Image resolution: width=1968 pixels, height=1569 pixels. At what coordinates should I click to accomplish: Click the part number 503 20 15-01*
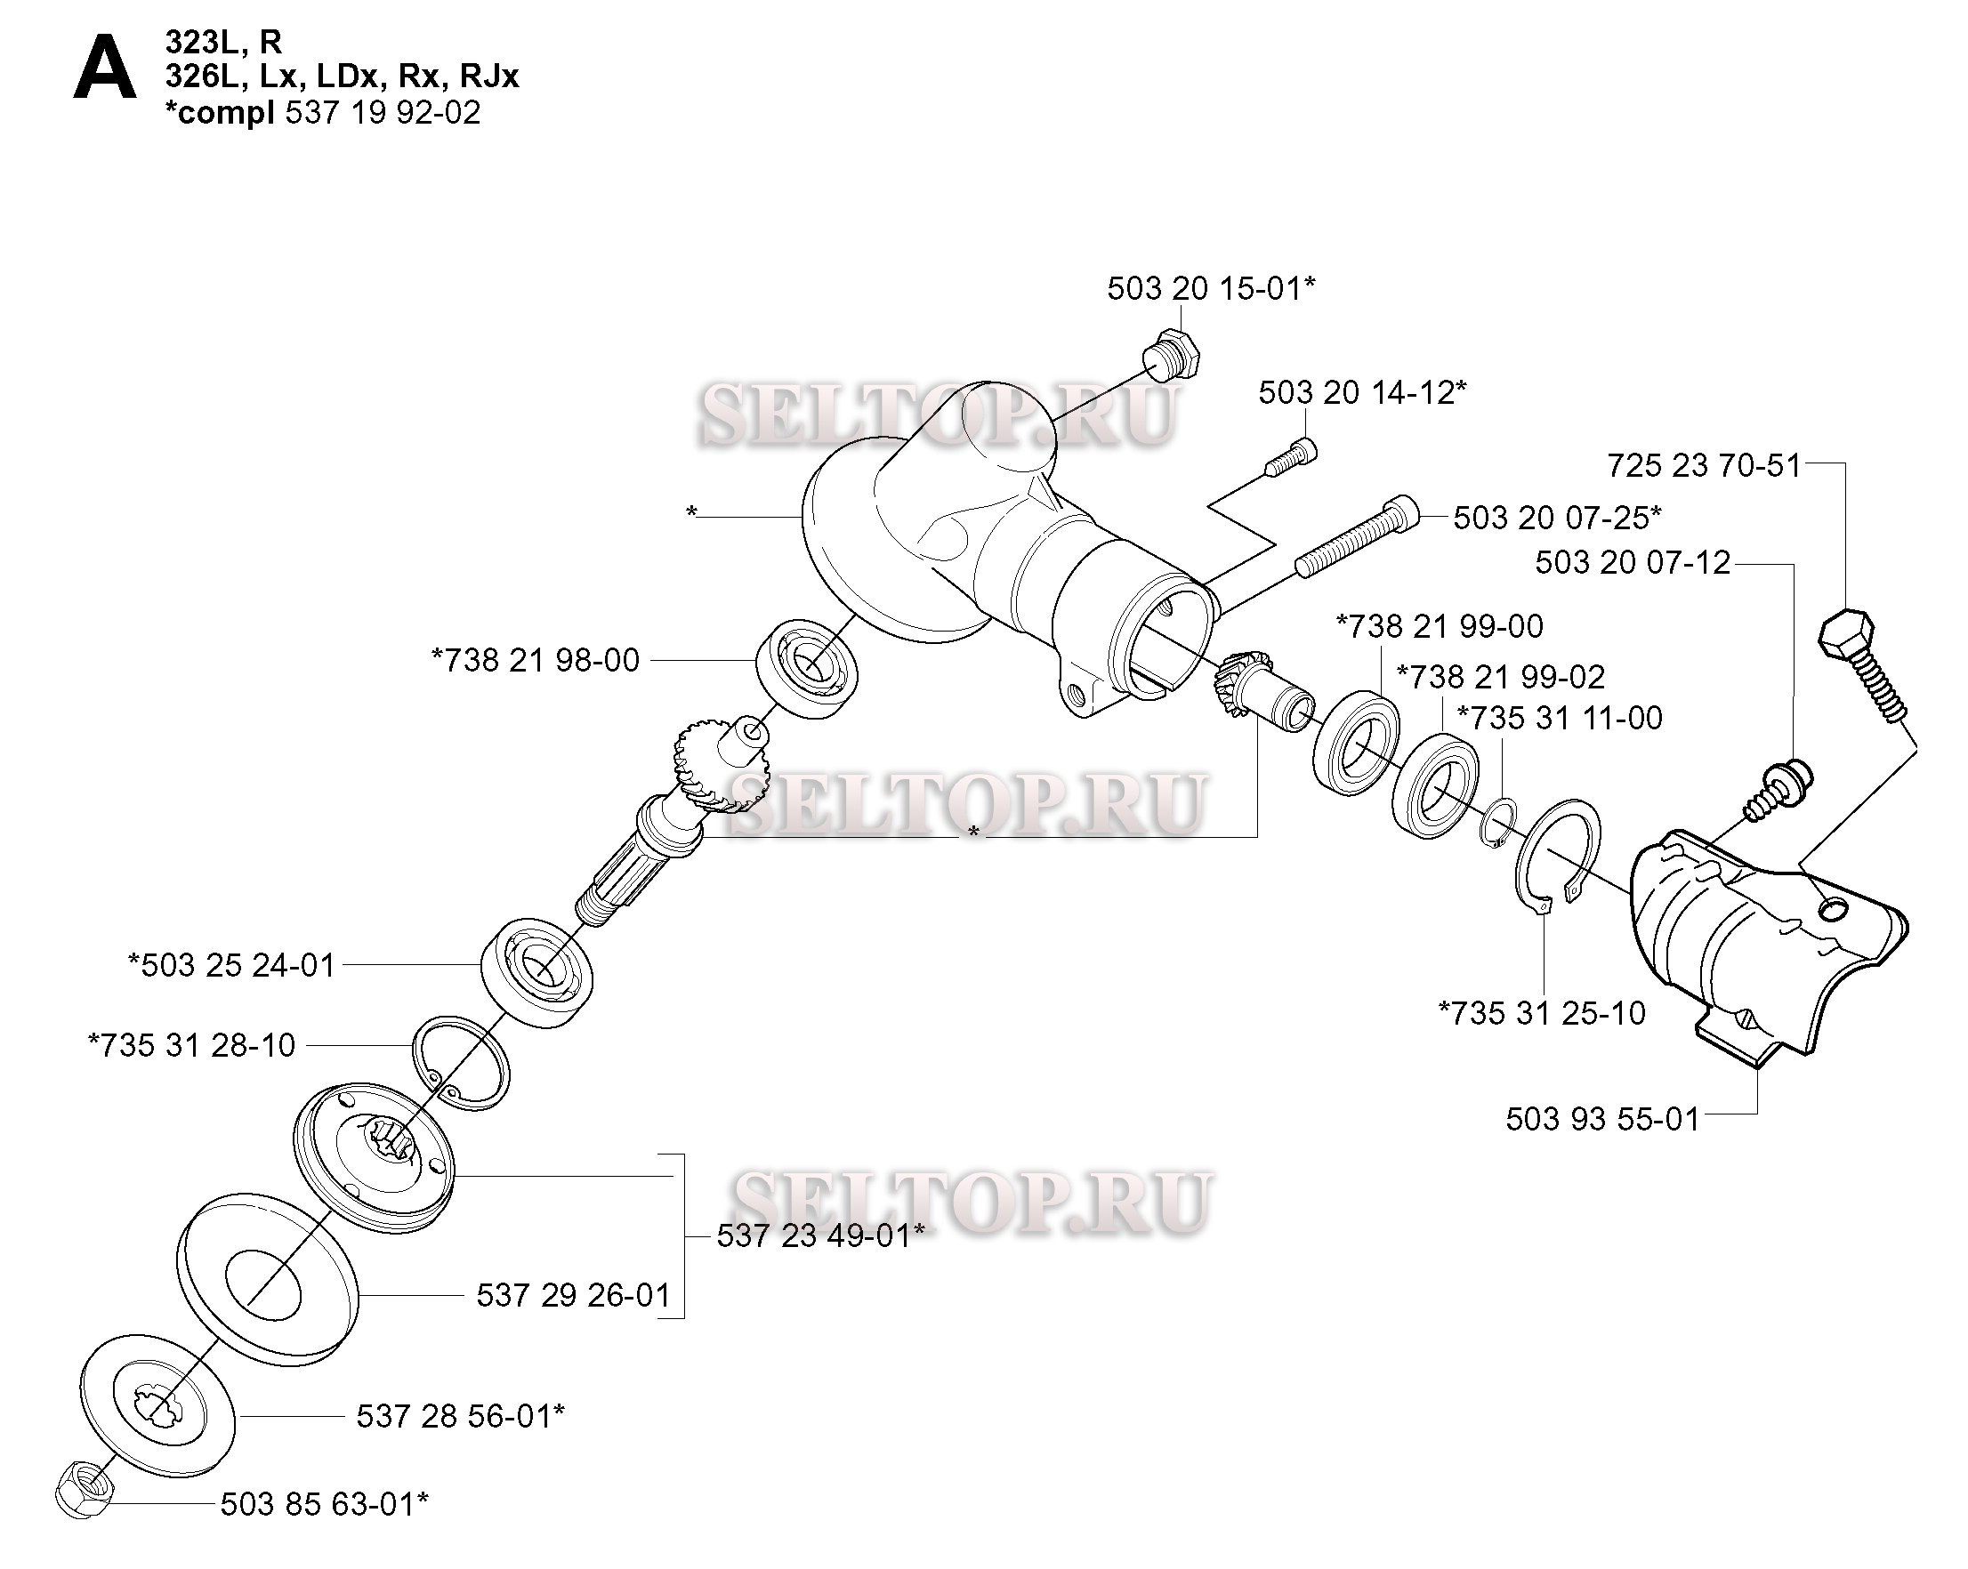pos(1211,288)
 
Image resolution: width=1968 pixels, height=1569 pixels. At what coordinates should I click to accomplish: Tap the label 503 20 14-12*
pos(1363,392)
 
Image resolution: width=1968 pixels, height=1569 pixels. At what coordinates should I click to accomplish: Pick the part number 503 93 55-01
pos(1603,1119)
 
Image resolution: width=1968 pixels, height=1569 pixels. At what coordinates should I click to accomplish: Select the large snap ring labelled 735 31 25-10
pos(1557,855)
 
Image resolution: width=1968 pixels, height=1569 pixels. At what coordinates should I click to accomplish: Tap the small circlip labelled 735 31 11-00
pos(1498,824)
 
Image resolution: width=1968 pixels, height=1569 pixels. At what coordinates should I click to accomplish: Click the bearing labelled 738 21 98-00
pos(806,668)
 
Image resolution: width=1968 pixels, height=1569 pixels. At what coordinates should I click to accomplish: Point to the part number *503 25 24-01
pos(232,965)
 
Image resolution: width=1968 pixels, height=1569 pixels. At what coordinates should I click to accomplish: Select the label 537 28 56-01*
pos(460,1416)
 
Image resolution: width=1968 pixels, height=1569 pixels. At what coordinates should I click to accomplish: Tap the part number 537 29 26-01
pos(573,1295)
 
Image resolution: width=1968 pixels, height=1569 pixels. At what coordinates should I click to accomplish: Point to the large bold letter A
pos(104,72)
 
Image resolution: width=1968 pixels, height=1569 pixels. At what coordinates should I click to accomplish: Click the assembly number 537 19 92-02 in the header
pos(383,113)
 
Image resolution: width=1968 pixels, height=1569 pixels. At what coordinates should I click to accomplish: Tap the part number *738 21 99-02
pos(1501,677)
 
